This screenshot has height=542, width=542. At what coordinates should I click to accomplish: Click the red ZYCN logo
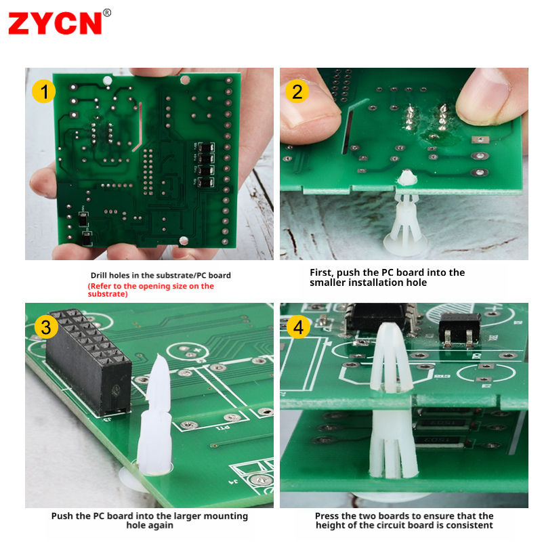[x=55, y=23]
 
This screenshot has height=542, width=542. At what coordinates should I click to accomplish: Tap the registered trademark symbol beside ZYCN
[x=107, y=13]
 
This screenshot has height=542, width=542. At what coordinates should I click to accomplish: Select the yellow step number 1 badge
[x=44, y=91]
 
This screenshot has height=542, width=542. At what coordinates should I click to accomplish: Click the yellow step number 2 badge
[x=297, y=91]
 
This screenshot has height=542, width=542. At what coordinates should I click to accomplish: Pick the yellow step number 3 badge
[x=46, y=327]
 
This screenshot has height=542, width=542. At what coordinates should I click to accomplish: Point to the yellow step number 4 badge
[x=298, y=327]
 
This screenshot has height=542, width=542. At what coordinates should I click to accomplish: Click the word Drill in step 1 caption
[x=98, y=276]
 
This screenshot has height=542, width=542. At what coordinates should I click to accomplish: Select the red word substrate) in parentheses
[x=108, y=294]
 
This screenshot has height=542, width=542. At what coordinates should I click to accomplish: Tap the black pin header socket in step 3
[x=89, y=362]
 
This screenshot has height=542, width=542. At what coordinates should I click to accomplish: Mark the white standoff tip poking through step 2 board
[x=407, y=178]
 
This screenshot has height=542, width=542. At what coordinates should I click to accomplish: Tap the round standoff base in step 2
[x=405, y=246]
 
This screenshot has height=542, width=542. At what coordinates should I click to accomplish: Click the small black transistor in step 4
[x=460, y=328]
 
